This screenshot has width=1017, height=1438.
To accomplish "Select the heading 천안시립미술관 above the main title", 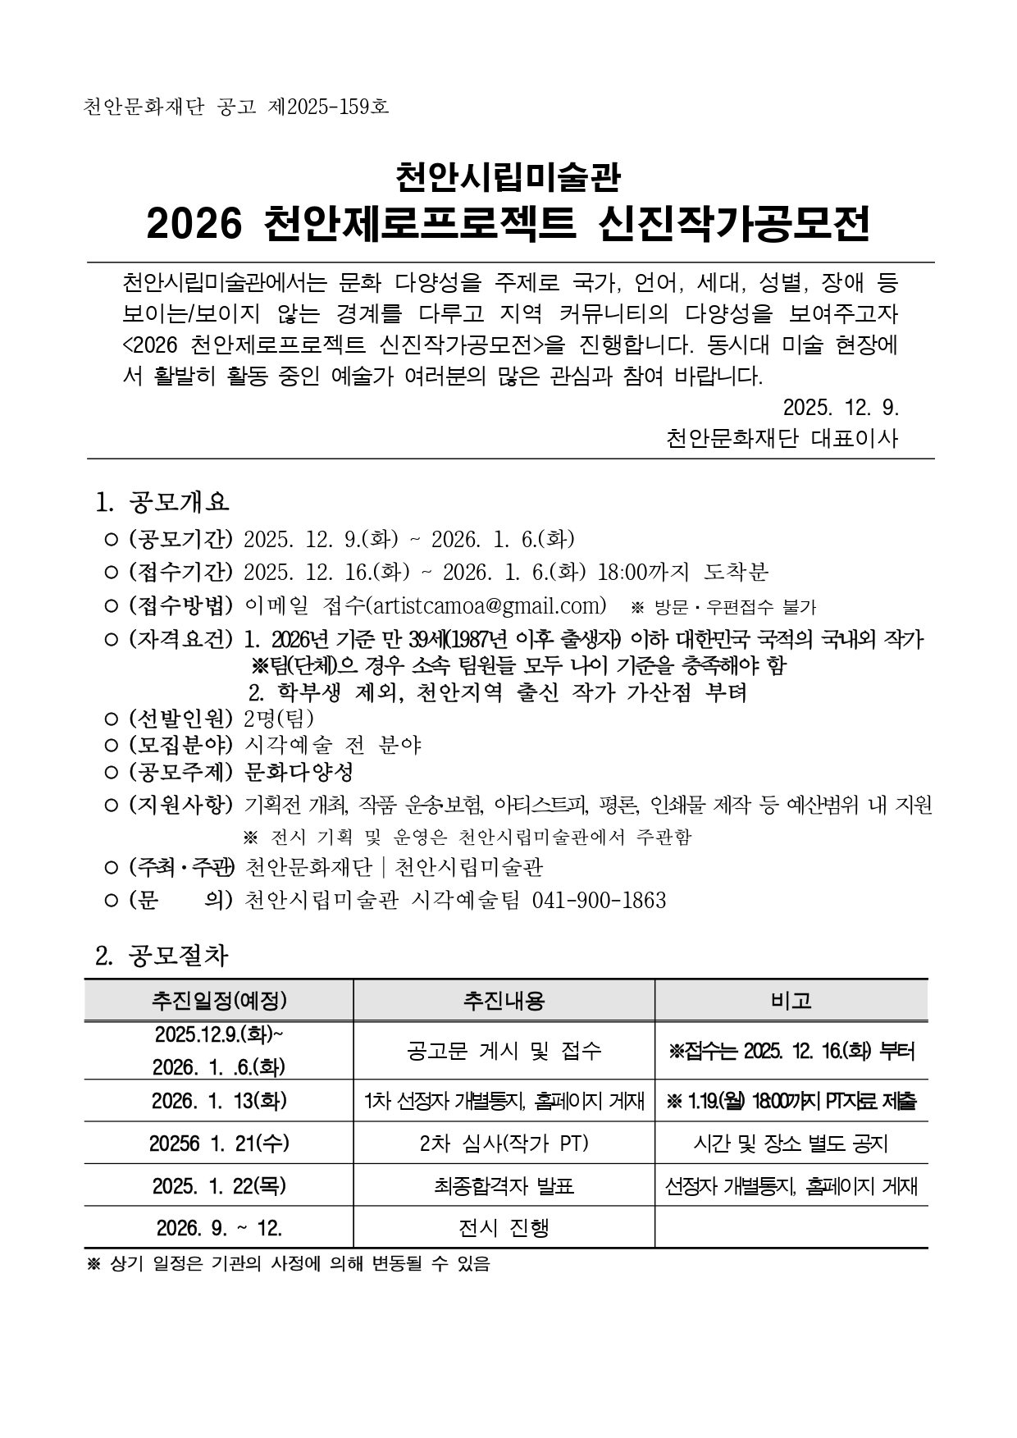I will click(x=508, y=176).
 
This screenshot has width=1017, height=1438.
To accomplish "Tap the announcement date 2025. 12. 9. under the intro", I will click(x=841, y=407).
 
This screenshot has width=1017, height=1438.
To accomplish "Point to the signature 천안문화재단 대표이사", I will click(x=782, y=438).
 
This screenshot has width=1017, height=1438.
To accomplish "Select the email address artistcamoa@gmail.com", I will click(x=487, y=605).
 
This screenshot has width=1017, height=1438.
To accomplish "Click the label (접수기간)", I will click(x=180, y=572).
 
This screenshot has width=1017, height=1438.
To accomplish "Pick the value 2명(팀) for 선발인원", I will click(x=279, y=719).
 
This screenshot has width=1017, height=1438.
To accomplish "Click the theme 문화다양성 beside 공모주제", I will click(x=299, y=772).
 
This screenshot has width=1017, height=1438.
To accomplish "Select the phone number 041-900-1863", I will click(x=599, y=901).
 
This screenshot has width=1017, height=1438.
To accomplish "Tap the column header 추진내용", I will click(x=504, y=1000).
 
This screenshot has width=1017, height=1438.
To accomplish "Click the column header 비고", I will click(x=791, y=1000).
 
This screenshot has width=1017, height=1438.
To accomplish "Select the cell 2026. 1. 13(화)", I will click(x=219, y=1101).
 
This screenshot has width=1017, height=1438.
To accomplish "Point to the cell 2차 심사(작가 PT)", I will click(x=504, y=1143).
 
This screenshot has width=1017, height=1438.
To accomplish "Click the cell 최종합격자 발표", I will click(x=504, y=1185).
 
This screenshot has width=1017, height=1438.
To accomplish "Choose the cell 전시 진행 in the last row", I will click(x=504, y=1228).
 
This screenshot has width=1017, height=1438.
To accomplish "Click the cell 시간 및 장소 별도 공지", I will click(x=791, y=1143).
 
